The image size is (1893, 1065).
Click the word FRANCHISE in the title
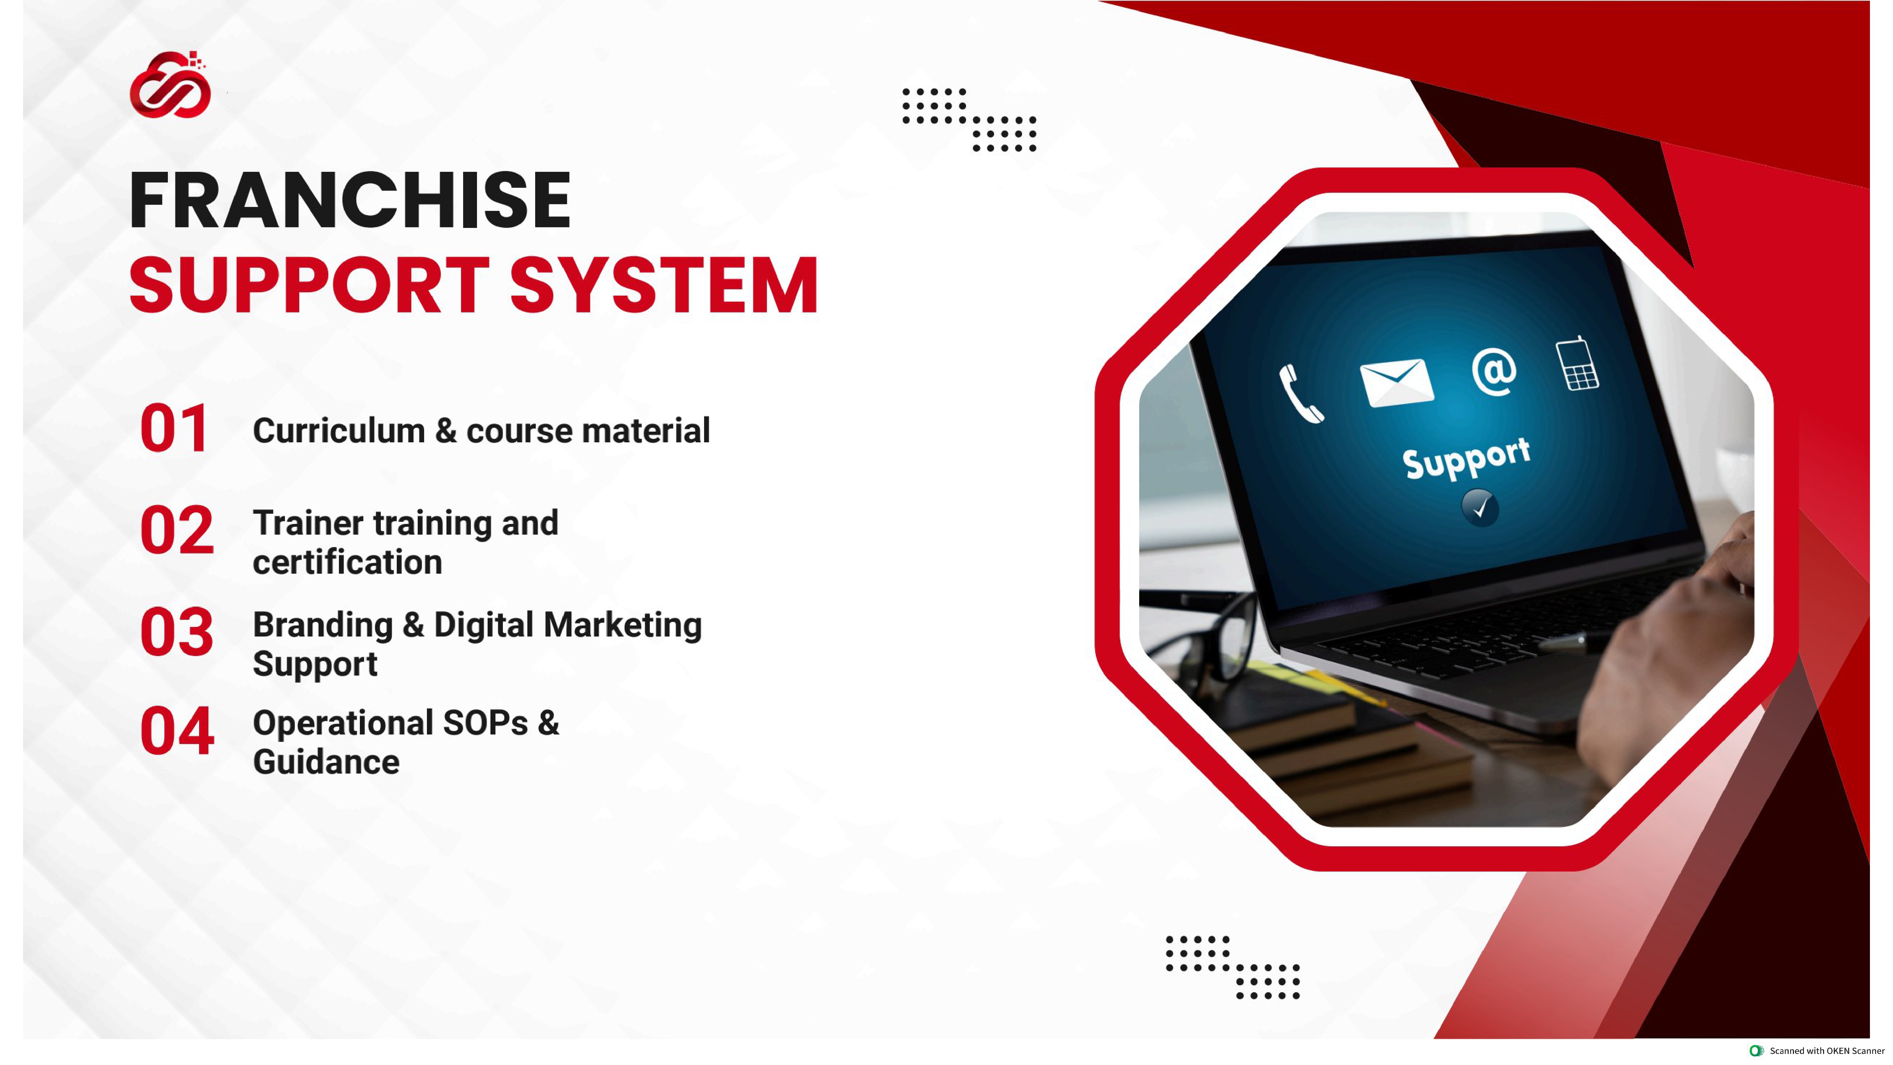tap(350, 201)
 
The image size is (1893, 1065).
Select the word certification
tap(347, 562)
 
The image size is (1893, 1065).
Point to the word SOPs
tap(485, 723)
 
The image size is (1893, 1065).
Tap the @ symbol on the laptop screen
tap(1494, 371)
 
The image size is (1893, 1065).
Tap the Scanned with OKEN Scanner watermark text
tap(1826, 1051)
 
